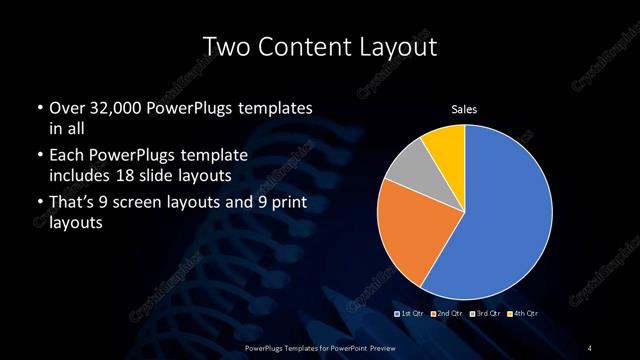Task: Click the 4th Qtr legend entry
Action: pos(520,315)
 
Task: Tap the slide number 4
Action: pos(590,347)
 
